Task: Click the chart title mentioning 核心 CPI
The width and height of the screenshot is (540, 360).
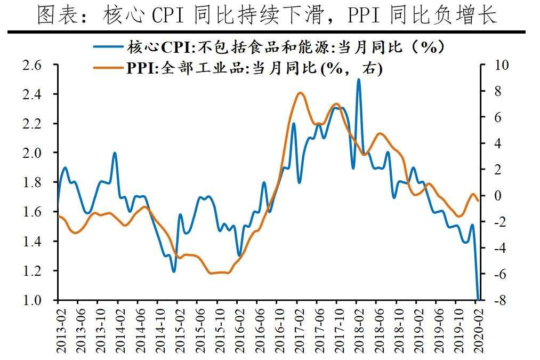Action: point(267,15)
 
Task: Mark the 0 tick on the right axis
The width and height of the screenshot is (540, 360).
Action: point(497,196)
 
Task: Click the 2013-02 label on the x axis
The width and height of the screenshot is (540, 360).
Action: point(59,326)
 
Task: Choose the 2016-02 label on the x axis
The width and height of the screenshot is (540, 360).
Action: point(238,326)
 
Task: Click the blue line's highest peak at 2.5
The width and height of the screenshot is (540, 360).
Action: point(358,79)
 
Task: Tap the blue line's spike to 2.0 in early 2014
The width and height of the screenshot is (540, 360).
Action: point(115,153)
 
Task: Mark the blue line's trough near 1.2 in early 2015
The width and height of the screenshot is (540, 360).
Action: point(174,271)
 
